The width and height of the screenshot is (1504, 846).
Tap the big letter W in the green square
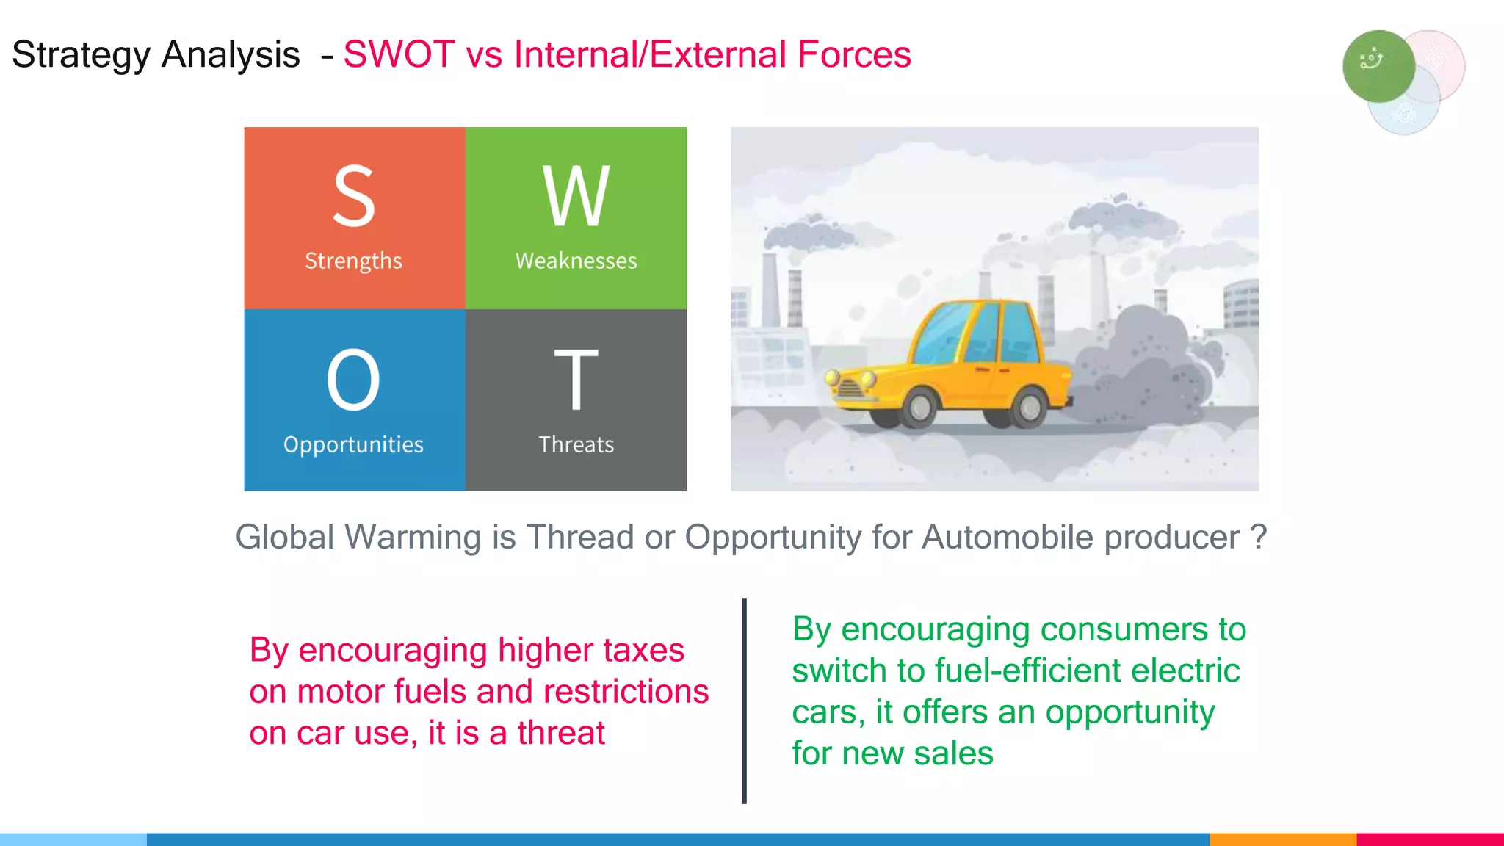(576, 196)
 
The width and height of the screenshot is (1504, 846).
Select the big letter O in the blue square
(353, 380)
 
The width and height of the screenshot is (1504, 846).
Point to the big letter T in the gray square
(576, 380)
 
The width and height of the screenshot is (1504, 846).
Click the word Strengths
(353, 261)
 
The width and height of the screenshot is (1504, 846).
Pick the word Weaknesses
(576, 261)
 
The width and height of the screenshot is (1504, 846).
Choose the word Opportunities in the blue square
(353, 444)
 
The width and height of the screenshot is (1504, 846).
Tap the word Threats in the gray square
(576, 444)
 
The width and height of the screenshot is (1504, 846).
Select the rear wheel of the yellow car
(1029, 406)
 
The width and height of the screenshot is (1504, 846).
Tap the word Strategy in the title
(81, 56)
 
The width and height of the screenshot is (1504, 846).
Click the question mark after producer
(1259, 537)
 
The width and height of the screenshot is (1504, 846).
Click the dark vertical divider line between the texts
(744, 701)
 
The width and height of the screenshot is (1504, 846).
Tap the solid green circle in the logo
(1378, 66)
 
